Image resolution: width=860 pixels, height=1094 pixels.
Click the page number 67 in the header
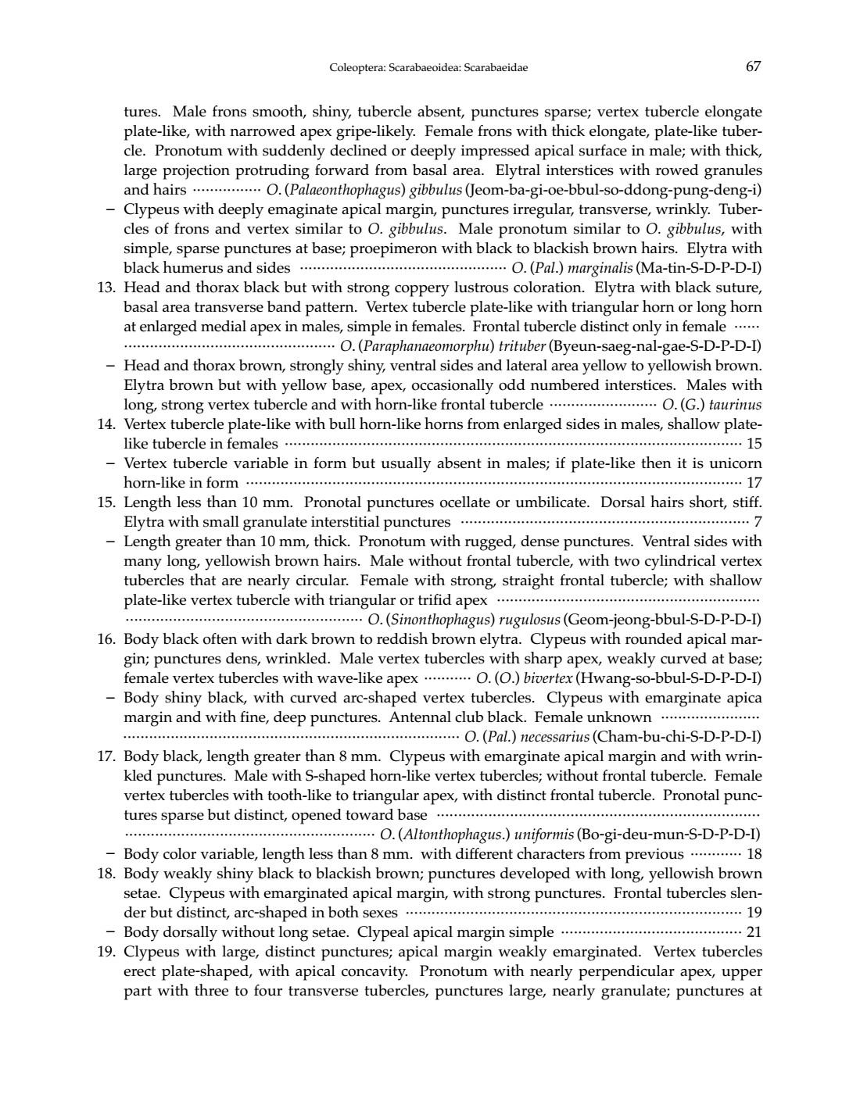pyautogui.click(x=753, y=66)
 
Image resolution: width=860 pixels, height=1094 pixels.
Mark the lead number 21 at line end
pyautogui.click(x=754, y=932)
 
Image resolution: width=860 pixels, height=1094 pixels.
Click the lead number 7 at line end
pyautogui.click(x=758, y=522)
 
